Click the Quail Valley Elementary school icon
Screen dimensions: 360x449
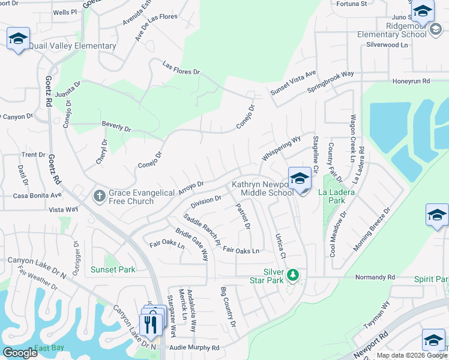pos(18,38)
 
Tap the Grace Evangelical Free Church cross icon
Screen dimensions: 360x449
pos(99,195)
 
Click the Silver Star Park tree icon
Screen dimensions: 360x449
pos(293,275)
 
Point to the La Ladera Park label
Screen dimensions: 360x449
pos(337,196)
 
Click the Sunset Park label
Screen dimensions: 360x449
pos(113,269)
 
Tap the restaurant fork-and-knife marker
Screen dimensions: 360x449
pos(151,325)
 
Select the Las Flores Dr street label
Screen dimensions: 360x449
pos(181,68)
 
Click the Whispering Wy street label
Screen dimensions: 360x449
pos(281,149)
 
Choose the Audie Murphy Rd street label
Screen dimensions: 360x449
pos(194,347)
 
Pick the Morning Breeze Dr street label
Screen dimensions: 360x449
pos(372,229)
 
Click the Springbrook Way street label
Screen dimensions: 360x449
pos(331,82)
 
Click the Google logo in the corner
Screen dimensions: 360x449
pos(20,353)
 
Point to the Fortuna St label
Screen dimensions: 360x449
pos(352,4)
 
